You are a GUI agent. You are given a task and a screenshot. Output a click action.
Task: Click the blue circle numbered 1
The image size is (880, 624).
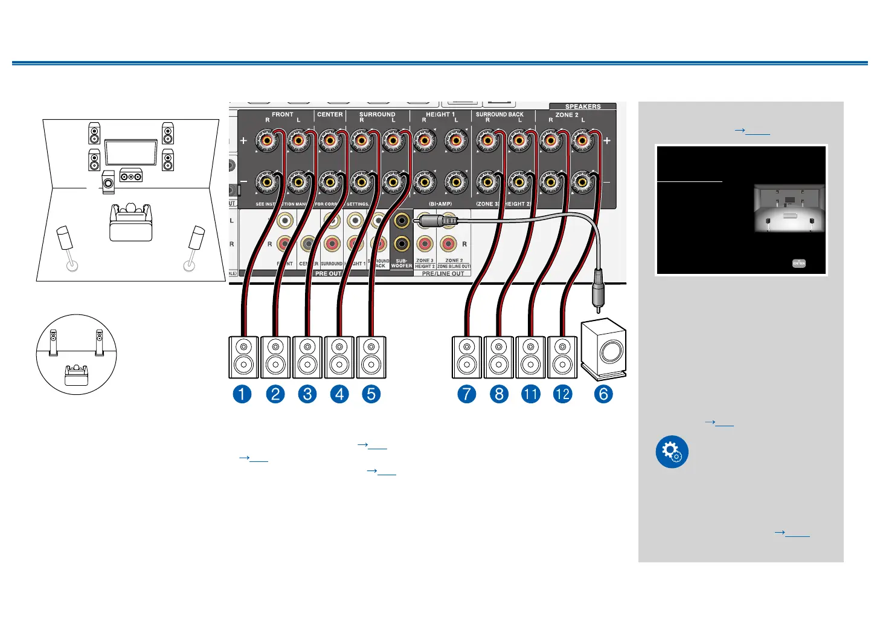[x=242, y=394]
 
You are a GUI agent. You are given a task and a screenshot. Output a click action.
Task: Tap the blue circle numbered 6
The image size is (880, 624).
[x=603, y=394]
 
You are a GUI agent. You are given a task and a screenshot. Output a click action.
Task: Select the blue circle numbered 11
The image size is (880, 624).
[x=530, y=394]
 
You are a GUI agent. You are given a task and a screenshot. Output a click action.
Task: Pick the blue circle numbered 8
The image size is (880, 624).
[x=499, y=394]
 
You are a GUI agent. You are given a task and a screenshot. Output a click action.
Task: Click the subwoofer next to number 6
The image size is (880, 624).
[x=603, y=348]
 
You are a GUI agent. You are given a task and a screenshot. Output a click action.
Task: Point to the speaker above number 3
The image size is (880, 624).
[x=307, y=357]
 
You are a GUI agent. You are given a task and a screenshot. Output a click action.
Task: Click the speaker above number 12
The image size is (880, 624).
[x=562, y=357]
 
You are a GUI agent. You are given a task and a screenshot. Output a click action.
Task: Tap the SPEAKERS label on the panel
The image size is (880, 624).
[x=583, y=106]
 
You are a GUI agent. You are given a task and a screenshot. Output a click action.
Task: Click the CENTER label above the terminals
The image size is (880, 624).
[x=330, y=114]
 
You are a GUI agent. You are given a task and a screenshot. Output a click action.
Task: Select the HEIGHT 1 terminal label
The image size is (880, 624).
[x=440, y=114]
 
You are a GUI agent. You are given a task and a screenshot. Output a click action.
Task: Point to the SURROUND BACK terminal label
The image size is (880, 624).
[x=499, y=114]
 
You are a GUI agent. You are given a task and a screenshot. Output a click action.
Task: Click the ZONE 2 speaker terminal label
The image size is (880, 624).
[x=567, y=115]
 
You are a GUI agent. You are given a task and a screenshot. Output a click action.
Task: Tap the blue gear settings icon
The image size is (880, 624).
[x=672, y=452]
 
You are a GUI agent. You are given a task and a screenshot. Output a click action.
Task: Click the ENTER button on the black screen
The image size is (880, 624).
[x=799, y=263]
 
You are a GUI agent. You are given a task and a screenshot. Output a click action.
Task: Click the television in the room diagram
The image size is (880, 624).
[x=131, y=152]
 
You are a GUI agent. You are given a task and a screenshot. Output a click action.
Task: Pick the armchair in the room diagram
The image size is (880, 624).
[x=130, y=222]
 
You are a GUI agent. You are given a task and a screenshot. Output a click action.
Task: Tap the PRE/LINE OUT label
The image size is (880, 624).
[x=443, y=274]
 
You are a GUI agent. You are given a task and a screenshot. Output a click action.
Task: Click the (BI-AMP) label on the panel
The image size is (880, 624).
[x=440, y=204]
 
